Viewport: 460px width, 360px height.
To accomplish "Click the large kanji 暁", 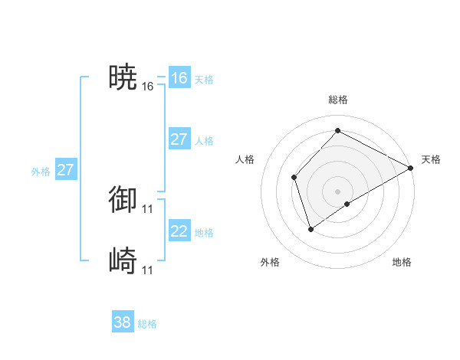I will tap(123, 77).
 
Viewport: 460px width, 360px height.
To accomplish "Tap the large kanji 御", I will tap(123, 199).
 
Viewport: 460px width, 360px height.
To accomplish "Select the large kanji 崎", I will tap(123, 261).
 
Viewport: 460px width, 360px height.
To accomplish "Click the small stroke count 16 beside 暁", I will tap(148, 87).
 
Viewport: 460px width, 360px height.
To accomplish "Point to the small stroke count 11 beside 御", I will tap(148, 208).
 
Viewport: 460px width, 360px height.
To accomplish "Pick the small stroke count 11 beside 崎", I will tap(148, 270).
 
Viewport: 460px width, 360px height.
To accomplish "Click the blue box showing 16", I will tap(179, 78).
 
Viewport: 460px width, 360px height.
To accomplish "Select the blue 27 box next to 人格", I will tap(179, 139).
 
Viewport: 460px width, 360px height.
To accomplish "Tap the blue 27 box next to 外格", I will tap(65, 170).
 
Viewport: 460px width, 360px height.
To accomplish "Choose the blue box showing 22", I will tap(179, 231).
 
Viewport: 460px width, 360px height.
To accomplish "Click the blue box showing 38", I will tap(122, 322).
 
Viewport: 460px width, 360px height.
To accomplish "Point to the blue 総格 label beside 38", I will tap(147, 324).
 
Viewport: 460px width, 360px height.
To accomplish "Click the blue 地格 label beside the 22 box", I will tap(204, 233).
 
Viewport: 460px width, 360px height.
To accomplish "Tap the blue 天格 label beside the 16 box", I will tap(204, 80).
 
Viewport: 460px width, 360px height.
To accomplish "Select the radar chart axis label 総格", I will tap(338, 100).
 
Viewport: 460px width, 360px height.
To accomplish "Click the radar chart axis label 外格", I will tap(270, 262).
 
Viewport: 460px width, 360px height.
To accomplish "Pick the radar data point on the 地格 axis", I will tap(347, 204).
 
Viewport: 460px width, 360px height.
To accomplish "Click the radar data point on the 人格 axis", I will tap(294, 177).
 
